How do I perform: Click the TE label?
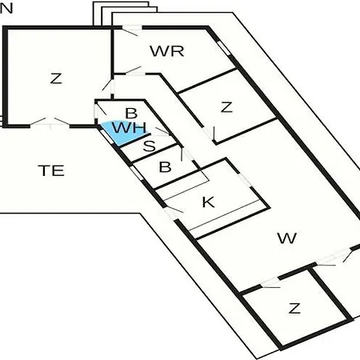point(51,170)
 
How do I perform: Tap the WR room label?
point(167,51)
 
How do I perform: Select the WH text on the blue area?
point(130,127)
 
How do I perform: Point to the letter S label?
point(150,146)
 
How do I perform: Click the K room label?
point(209,202)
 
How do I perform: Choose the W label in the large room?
point(287,238)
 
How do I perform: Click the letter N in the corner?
point(6,8)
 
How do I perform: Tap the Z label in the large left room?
point(56,78)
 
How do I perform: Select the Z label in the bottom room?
point(294,308)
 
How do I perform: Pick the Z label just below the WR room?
point(226,107)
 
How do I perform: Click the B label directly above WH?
point(131,114)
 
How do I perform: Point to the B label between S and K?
point(165,167)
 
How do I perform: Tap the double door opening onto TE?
point(50,122)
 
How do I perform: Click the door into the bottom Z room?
point(270,283)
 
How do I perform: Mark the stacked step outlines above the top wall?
point(125,14)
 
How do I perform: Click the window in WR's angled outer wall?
point(223,48)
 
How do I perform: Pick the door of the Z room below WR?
point(209,133)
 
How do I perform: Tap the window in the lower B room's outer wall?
point(136,173)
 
